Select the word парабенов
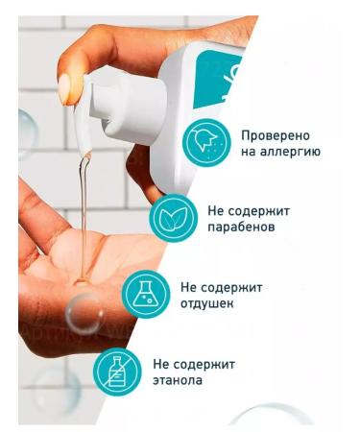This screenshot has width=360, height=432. pos(241,228)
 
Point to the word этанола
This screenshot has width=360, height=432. pos(179,380)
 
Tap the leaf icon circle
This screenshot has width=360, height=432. pos(173,219)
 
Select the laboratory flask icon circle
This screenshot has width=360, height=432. pos(143,295)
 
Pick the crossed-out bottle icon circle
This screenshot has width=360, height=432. pos(115,372)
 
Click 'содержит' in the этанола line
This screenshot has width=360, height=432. pos(204,364)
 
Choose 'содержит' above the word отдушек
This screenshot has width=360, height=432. pos(230,287)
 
